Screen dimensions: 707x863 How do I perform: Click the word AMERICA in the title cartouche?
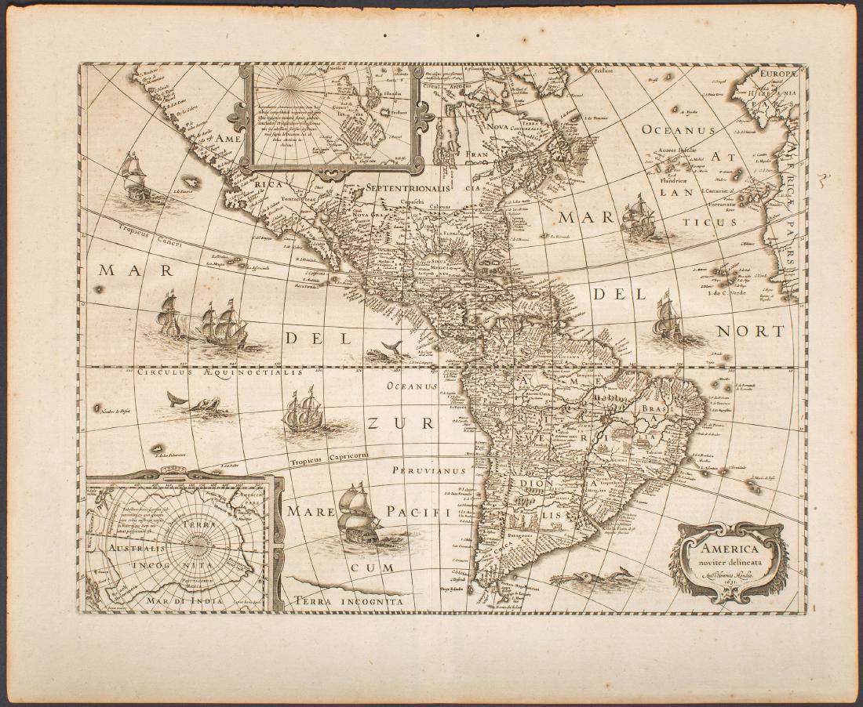tap(730, 549)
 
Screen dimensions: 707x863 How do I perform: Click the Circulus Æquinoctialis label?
tap(219, 373)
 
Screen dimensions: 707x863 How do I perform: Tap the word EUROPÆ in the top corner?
tap(777, 73)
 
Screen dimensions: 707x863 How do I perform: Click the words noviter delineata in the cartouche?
tap(730, 564)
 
